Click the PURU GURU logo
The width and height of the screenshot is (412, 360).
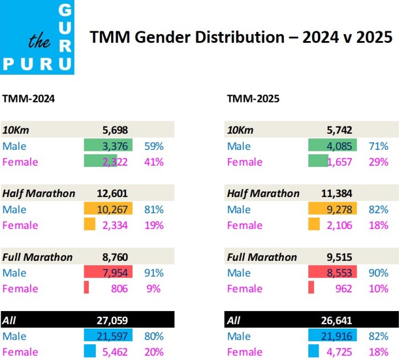pos(37,37)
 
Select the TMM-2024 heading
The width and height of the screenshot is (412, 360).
pos(29,99)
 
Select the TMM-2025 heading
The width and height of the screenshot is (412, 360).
pos(254,99)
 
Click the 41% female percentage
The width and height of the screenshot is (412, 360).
pos(154,162)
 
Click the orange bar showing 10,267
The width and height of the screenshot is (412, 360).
pos(108,210)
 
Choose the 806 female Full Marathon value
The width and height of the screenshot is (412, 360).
pos(119,289)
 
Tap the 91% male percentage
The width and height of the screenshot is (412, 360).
pos(154,273)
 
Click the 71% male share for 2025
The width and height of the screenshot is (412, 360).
pos(378,146)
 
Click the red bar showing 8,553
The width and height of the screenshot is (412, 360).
pos(333,273)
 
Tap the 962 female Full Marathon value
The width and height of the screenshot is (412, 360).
pos(344,289)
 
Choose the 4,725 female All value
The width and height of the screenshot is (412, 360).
pos(339,352)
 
